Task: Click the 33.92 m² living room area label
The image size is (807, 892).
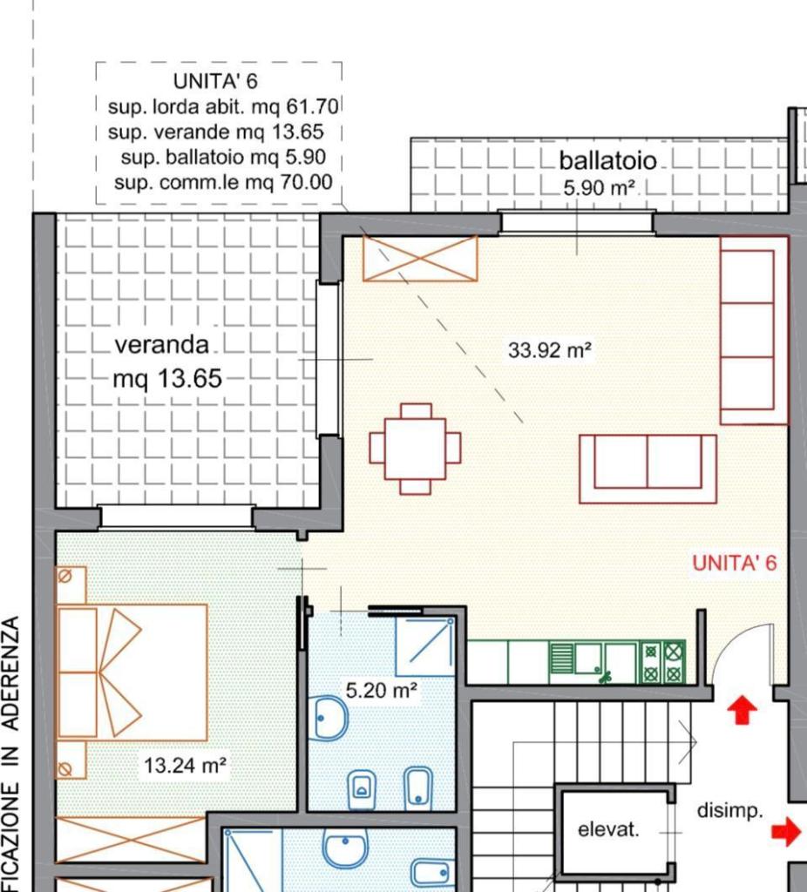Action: click(x=549, y=350)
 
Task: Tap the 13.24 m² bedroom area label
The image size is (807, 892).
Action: click(x=185, y=766)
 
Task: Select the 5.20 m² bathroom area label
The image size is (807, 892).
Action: click(x=382, y=691)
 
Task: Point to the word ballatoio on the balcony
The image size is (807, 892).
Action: click(x=607, y=160)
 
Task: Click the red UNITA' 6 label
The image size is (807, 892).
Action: click(x=734, y=563)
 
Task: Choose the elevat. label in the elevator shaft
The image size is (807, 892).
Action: click(x=608, y=830)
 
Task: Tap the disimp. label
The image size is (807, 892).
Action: click(x=730, y=811)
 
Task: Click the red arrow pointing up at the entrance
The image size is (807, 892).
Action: click(x=743, y=711)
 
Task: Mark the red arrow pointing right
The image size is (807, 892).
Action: click(x=786, y=832)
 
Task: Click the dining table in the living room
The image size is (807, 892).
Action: click(x=415, y=449)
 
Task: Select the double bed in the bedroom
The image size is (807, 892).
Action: click(x=132, y=672)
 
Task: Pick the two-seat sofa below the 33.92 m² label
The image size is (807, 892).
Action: click(x=648, y=469)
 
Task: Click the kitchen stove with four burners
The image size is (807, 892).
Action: click(x=663, y=662)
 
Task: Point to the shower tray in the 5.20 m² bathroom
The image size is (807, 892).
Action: click(x=425, y=646)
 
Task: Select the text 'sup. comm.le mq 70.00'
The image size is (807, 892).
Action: click(x=223, y=183)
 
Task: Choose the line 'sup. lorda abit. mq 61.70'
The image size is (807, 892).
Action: click(x=223, y=106)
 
